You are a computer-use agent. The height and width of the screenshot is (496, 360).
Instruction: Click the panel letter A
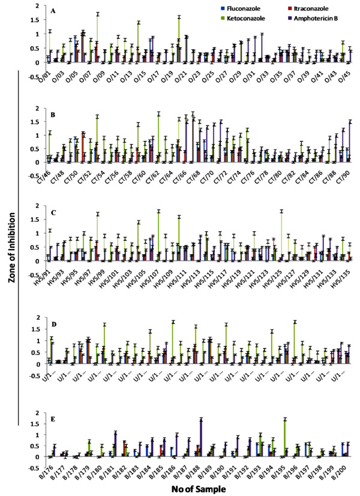pos(54,11)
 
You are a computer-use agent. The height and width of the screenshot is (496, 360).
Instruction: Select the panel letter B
pos(54,112)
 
